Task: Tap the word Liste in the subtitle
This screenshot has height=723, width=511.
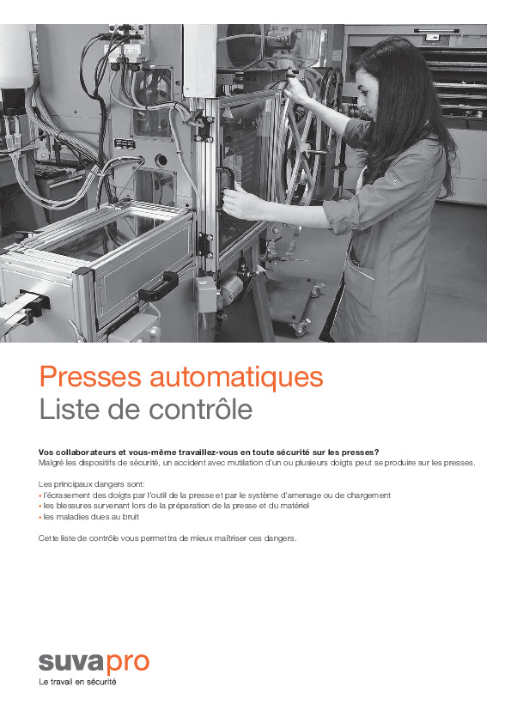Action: coord(65,410)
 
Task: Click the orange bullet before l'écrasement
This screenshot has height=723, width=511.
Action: coord(40,495)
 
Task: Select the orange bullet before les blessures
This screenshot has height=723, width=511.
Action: coord(40,507)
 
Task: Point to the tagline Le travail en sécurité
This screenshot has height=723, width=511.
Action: coord(78,683)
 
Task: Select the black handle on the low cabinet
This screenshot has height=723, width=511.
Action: coord(160,286)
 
